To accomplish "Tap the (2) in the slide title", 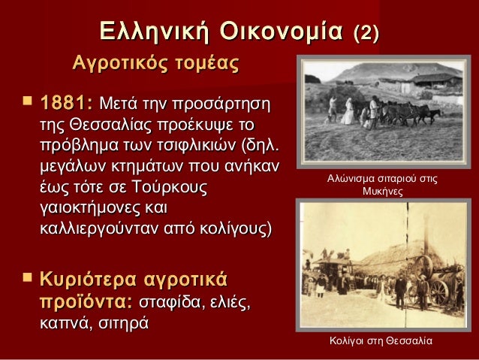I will (366, 32).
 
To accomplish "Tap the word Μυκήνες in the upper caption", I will (383, 192).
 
